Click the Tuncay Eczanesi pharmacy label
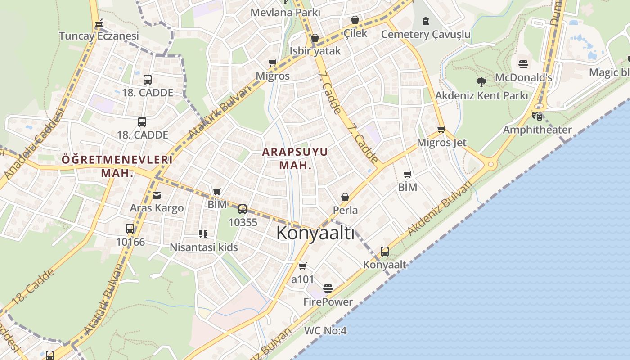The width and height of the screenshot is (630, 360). coord(99,36)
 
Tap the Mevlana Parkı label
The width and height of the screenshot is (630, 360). coord(285,12)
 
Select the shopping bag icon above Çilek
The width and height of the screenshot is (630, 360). coord(355,20)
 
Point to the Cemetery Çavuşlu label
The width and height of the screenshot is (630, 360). coord(426,35)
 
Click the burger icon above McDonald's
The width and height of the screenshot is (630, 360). coord(523,64)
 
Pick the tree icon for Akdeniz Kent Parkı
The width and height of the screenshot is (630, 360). coord(481,82)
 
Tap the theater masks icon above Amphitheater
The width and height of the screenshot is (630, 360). coord(537,117)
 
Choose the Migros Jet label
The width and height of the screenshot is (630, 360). coord(441,143)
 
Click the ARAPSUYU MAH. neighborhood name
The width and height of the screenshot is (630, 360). coord(295,158)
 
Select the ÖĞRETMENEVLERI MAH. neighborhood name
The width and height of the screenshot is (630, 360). coord(117,166)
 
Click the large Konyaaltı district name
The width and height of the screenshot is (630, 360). coord(315,233)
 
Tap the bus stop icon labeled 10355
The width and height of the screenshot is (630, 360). coord(243,209)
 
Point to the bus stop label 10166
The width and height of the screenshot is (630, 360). coord(130,242)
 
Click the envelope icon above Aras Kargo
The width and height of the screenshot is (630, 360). coord(156,195)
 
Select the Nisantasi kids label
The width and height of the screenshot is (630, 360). coord(204,247)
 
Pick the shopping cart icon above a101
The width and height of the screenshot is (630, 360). coord(303,266)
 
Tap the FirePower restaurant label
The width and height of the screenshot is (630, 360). coord(328,301)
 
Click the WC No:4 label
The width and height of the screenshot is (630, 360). coord(325,331)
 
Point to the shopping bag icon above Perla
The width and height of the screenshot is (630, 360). coord(345,197)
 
